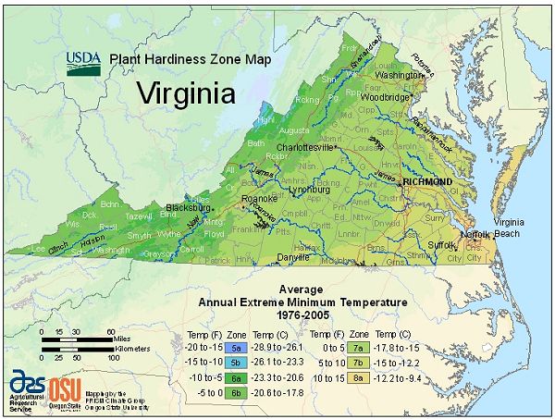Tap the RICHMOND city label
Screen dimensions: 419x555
[x=427, y=182]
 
